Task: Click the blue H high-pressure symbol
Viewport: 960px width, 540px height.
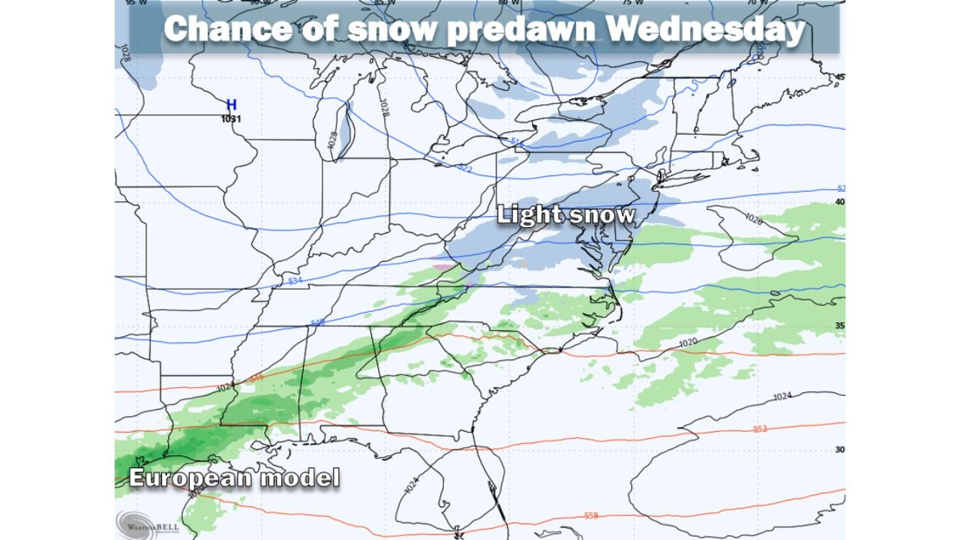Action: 232,105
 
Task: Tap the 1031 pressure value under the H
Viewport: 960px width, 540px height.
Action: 232,118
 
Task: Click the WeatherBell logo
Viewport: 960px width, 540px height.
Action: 148,523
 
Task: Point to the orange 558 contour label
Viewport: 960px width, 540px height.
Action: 591,515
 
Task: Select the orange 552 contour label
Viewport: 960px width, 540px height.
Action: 760,429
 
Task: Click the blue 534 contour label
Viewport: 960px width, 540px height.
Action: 295,280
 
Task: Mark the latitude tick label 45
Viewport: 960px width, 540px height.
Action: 840,77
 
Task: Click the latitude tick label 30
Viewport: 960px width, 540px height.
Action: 840,449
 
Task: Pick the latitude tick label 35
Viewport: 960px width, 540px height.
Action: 840,325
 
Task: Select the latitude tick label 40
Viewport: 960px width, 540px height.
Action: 840,202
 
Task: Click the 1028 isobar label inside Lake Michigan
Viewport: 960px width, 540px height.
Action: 334,140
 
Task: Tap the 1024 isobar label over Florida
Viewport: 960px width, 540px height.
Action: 410,487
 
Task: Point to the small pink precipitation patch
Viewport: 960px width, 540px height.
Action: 443,265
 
